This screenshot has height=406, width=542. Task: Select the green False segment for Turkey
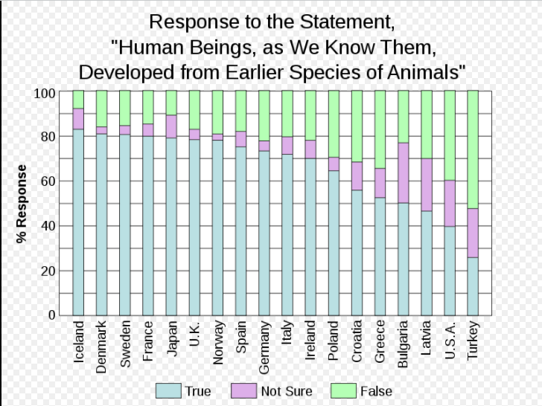[473, 149]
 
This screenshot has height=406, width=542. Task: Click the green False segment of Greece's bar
[380, 129]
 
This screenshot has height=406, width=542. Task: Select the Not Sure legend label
[287, 391]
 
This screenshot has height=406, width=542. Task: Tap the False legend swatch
[343, 391]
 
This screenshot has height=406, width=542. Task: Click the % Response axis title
[22, 204]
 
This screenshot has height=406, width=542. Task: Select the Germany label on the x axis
[264, 347]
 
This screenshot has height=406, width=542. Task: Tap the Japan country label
[171, 339]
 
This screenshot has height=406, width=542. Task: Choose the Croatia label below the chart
[357, 341]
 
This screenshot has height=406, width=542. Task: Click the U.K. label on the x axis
[194, 335]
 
